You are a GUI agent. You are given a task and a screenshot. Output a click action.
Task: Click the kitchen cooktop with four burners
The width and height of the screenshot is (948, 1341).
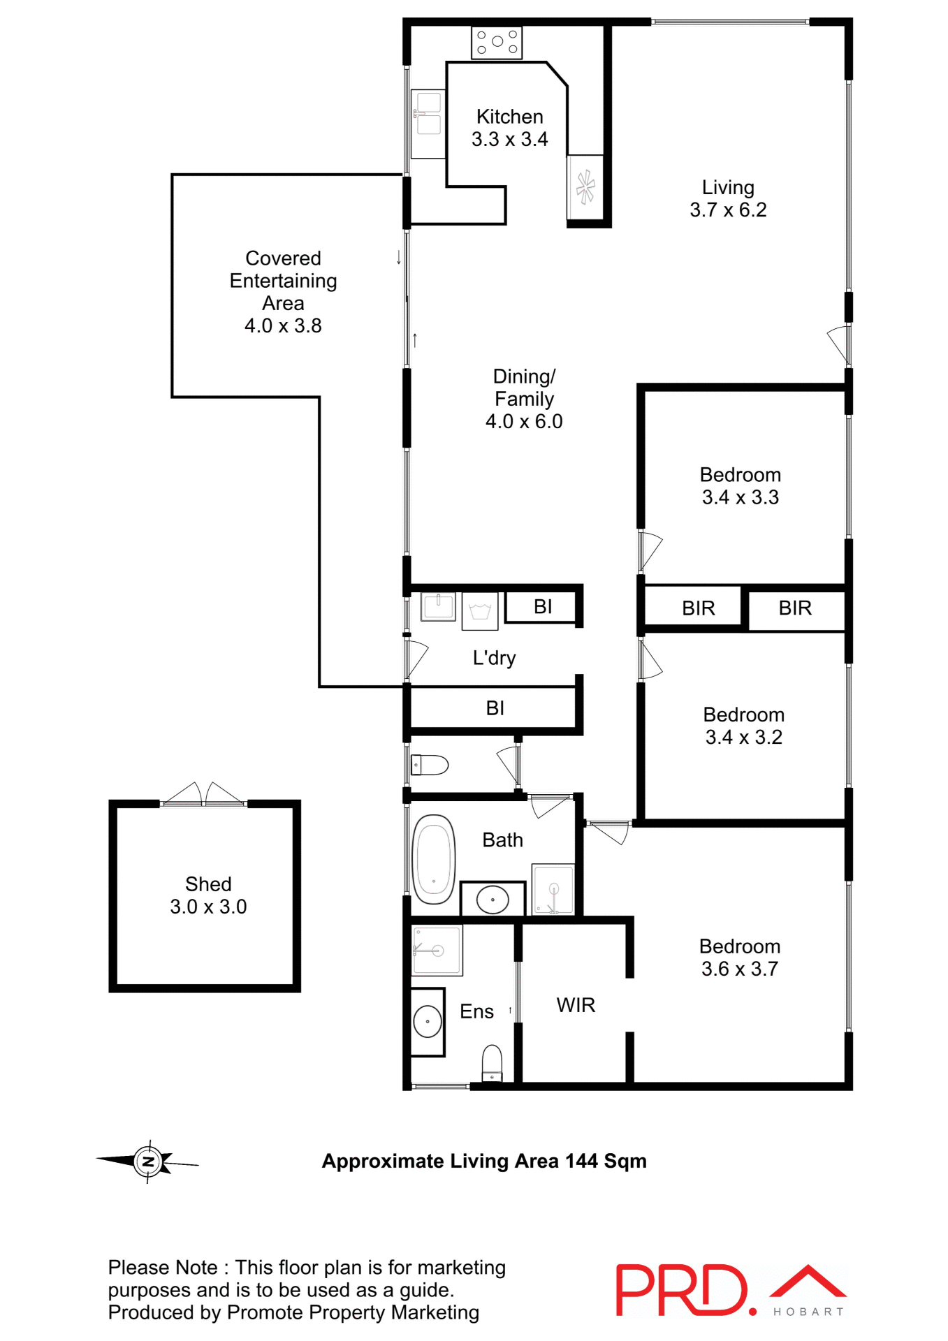coord(497,42)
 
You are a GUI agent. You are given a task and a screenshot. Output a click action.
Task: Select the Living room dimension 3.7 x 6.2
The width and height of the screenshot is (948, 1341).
coord(728,210)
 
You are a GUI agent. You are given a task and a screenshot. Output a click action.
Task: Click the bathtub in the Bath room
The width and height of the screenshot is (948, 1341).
coord(434,859)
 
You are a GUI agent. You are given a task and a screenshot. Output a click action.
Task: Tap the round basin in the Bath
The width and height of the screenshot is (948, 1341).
coord(493,900)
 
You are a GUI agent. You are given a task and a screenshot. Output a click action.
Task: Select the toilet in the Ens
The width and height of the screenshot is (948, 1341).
coord(492,1062)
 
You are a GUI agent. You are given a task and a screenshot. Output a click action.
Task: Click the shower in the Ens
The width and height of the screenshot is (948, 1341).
coord(437,950)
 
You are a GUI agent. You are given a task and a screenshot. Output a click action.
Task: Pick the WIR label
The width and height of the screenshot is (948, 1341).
coord(576,1005)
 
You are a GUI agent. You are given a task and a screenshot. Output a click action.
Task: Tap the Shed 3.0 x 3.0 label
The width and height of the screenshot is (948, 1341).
coord(208,895)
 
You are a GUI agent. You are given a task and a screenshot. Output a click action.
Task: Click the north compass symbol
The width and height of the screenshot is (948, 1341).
coord(148,1162)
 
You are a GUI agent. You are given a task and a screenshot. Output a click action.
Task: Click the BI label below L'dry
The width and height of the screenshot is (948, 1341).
coord(495,708)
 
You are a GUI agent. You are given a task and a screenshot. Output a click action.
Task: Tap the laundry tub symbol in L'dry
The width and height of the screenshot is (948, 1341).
coord(480,611)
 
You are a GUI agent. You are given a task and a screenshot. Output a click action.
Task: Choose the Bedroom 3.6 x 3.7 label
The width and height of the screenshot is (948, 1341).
coord(740,958)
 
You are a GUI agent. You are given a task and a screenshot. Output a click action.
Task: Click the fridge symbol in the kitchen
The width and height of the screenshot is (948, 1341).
coord(585,186)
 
